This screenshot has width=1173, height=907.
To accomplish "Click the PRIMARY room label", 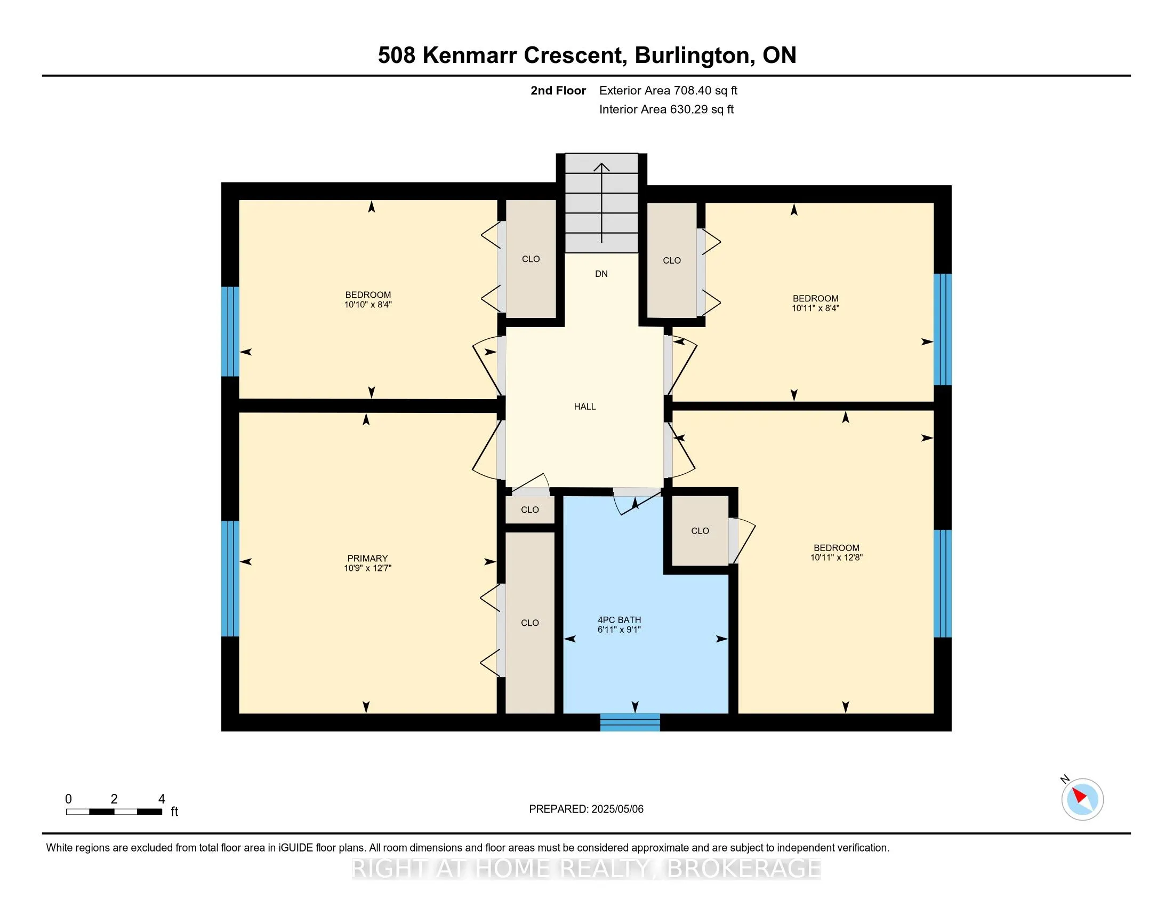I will [367, 558].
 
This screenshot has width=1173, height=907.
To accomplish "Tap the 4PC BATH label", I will [619, 619].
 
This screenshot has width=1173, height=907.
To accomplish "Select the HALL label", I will [584, 407].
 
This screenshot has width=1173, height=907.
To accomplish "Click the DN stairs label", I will [601, 274].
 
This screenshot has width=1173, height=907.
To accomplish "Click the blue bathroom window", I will [630, 722].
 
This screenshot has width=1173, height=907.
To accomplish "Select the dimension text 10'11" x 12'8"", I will [836, 558].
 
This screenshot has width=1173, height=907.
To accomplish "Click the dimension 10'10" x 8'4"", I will [368, 305].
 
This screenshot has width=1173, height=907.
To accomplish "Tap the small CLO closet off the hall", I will [529, 510].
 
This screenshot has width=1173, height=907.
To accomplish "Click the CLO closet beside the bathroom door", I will [700, 531].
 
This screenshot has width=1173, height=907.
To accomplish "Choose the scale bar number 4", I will [161, 799].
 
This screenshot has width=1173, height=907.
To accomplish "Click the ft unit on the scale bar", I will [174, 812].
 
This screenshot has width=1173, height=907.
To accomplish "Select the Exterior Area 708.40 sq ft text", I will [668, 91].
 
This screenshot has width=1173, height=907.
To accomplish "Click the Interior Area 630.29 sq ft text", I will [666, 109].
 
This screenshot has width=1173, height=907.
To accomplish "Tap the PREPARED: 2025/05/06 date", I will [586, 809].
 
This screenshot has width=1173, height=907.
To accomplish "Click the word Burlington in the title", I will [692, 55].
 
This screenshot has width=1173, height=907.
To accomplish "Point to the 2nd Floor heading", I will [558, 91].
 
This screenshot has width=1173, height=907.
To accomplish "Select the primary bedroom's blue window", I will [230, 578].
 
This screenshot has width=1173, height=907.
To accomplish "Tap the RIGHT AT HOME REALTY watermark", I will [586, 869].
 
